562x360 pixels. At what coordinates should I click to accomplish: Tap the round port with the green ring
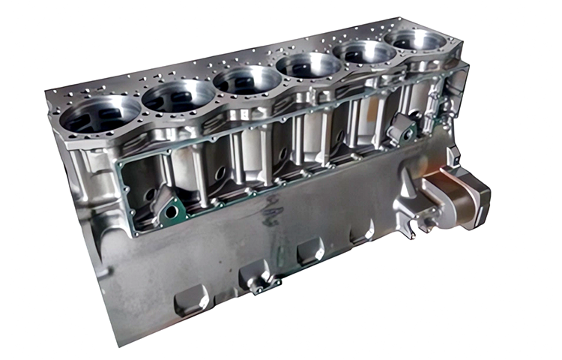pos(172,213)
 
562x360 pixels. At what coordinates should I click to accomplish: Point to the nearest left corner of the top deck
pos(47,93)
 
